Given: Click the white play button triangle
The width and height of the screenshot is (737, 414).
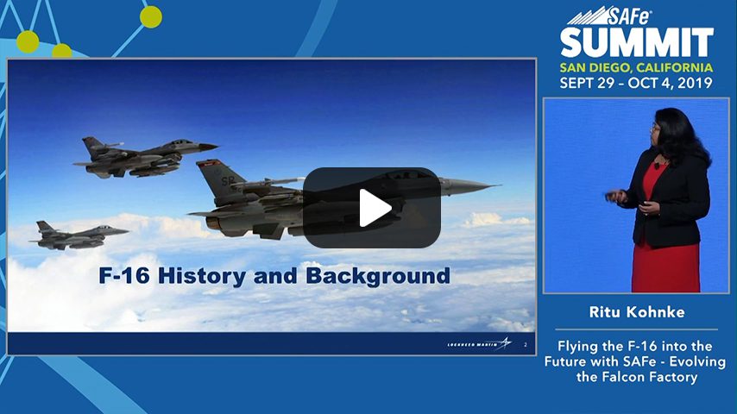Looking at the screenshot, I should click(x=373, y=208).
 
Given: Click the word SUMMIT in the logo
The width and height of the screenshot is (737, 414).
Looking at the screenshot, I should click(x=637, y=42).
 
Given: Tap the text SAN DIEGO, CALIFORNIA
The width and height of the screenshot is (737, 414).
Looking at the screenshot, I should click(x=636, y=67).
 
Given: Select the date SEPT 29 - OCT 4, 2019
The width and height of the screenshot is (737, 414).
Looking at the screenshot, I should click(x=636, y=84).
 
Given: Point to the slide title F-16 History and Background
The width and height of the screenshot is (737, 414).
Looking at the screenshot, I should click(x=272, y=276).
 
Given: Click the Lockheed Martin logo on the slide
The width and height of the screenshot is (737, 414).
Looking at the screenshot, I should click(x=479, y=344).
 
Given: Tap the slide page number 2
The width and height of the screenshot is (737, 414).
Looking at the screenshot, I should click(x=526, y=344).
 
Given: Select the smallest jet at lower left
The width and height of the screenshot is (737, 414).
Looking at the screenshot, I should click(x=79, y=235).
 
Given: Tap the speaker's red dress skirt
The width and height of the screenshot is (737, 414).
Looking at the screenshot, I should click(x=665, y=259).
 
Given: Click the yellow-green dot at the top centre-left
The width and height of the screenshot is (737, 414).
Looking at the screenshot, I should click(x=151, y=16).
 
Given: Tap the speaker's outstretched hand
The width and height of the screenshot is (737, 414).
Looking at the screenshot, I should click(x=614, y=197).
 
